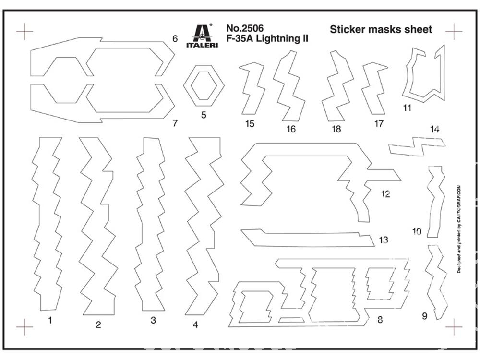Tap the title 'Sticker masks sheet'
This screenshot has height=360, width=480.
point(381,29)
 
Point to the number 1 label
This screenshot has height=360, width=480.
point(50,320)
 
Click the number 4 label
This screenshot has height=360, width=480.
point(195,324)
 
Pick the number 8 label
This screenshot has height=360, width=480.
point(380,320)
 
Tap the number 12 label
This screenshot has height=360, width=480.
point(385,194)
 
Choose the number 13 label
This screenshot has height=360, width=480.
point(383,240)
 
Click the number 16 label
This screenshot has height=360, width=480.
point(291,129)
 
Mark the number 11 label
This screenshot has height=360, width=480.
point(408,108)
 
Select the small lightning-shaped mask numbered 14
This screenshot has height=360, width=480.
point(416,146)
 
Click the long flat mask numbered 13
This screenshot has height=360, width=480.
point(307,238)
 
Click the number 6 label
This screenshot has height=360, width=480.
point(175,38)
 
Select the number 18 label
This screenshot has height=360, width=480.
point(336,129)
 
